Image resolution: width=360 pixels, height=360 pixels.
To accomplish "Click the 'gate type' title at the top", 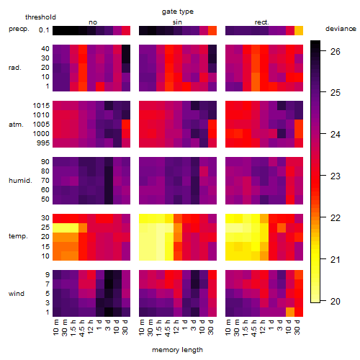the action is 178,12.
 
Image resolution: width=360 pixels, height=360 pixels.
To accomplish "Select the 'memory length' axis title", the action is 177,350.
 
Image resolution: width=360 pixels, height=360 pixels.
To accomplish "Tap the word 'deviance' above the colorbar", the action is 341,29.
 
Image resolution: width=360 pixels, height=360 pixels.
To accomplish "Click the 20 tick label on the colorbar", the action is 336,301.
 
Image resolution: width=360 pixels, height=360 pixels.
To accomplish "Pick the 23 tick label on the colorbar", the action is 336,176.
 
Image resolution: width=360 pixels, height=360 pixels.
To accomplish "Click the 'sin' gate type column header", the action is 177,22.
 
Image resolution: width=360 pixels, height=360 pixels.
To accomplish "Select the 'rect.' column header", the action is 261,22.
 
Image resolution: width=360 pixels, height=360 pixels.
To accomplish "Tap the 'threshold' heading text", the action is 40,17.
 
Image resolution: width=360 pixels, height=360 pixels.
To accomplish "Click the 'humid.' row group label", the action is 20,181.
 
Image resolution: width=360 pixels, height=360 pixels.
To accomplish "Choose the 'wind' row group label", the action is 17,294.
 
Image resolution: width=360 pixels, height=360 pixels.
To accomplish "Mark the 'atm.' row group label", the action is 16,125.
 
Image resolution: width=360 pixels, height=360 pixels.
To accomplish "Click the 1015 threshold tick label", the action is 41,106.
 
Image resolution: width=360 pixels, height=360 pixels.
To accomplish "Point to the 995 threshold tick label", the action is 43,143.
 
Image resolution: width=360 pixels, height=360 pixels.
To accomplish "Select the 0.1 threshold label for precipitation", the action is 44,30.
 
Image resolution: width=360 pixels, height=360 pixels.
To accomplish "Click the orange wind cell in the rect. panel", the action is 290,312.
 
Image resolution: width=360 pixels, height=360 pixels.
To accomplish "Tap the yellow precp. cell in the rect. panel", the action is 299,31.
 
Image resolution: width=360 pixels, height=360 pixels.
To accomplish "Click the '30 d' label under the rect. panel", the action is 297,327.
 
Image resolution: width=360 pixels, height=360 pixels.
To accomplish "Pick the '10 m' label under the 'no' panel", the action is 55,327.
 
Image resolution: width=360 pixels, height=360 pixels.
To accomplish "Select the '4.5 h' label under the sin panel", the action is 168,328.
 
